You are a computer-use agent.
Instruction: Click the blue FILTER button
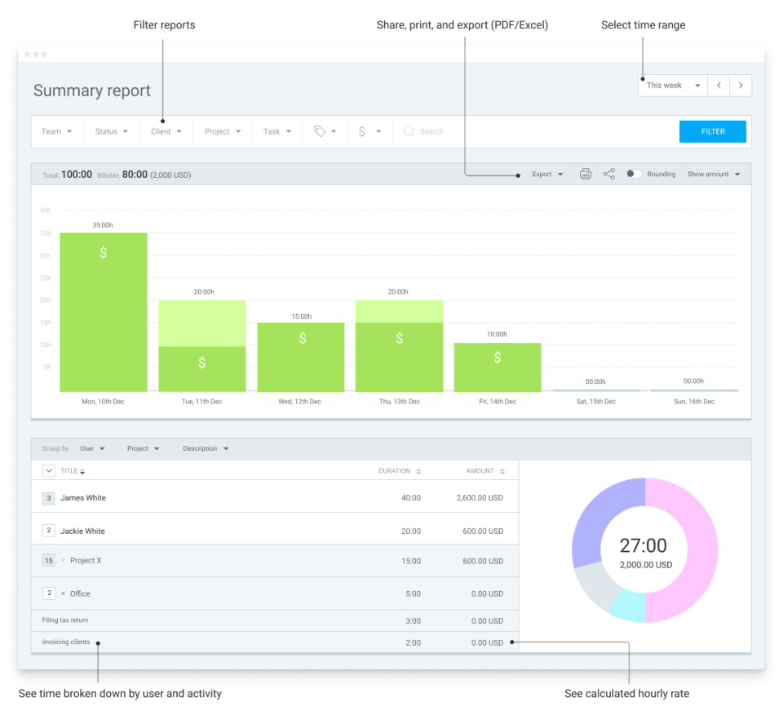pos(712,131)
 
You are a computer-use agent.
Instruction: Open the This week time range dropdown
pos(673,86)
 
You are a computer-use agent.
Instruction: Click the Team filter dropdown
pos(57,131)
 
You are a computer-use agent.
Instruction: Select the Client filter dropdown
pos(166,131)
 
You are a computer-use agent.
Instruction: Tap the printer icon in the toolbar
pos(585,174)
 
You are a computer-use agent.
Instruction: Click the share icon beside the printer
pos(608,174)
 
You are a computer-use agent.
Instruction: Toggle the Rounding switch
pos(634,174)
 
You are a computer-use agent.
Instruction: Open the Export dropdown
pos(547,174)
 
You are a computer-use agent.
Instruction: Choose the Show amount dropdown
pos(714,174)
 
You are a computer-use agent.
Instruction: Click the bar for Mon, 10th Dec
pos(104,311)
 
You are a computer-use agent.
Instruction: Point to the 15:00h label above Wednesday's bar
pos(301,316)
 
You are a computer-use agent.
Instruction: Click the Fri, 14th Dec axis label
pos(497,402)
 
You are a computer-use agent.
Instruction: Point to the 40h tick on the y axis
pos(46,210)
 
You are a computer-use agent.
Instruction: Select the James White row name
pos(83,498)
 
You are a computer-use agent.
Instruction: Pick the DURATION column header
pos(395,471)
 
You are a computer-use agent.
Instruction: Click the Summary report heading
pos(92,90)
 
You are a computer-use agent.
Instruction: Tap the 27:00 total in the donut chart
pos(644,546)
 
